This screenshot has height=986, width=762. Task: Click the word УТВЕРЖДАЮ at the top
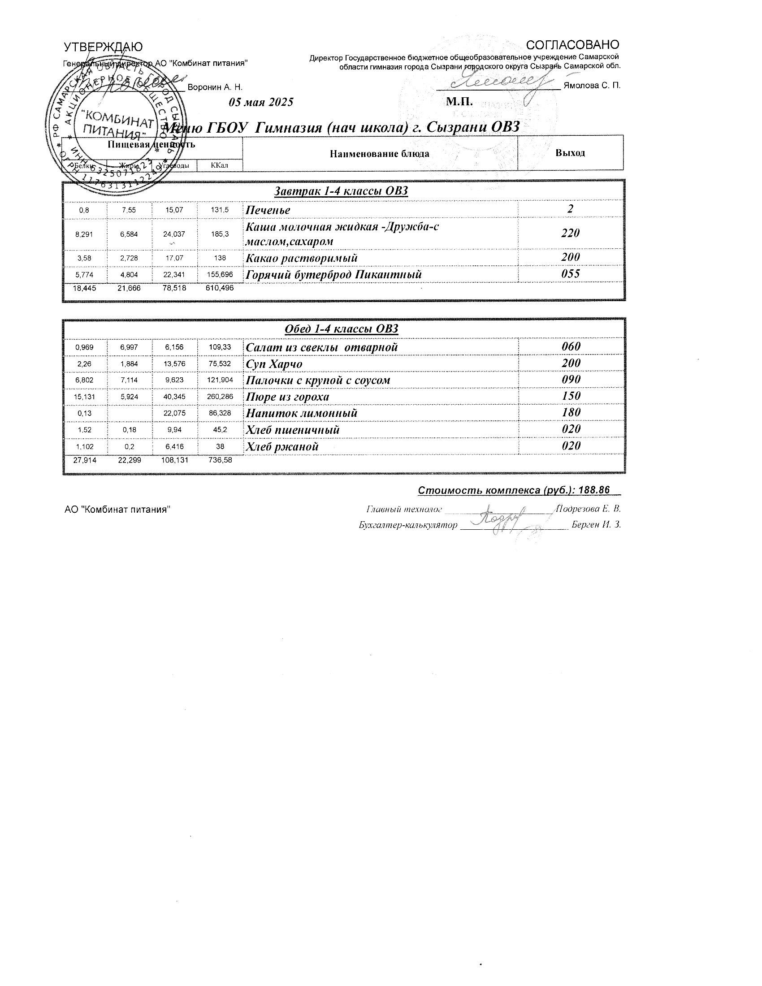click(x=104, y=47)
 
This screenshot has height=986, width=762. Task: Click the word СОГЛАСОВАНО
click(x=573, y=45)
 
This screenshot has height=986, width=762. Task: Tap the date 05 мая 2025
click(x=261, y=102)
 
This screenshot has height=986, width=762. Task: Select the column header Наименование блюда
click(x=379, y=154)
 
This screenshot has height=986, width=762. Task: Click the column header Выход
click(x=570, y=152)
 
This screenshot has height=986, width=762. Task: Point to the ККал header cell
click(x=219, y=165)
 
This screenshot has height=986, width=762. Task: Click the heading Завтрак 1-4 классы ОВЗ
click(x=341, y=191)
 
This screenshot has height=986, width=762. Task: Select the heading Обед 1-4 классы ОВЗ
click(x=341, y=329)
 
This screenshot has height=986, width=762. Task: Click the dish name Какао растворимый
click(x=302, y=258)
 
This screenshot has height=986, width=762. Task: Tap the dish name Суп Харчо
click(x=273, y=364)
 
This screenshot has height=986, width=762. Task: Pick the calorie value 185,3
click(x=220, y=234)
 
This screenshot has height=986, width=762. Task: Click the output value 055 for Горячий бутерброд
click(x=571, y=273)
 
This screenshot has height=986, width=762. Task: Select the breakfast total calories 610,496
click(x=220, y=288)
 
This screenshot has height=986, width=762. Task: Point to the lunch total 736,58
click(x=220, y=460)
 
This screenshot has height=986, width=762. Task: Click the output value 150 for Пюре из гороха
click(x=571, y=396)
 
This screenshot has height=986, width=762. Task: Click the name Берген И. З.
click(x=596, y=525)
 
